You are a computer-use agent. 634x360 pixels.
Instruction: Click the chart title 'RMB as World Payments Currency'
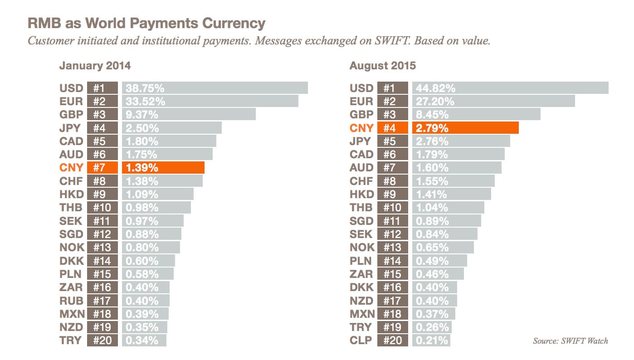(x=146, y=24)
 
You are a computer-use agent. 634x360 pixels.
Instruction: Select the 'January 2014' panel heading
(x=95, y=66)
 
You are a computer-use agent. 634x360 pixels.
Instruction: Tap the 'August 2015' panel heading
(x=382, y=66)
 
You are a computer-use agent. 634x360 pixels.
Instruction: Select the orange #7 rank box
(x=102, y=168)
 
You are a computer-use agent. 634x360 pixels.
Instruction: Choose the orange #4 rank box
(x=392, y=128)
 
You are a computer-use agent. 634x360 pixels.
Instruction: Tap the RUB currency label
(x=71, y=301)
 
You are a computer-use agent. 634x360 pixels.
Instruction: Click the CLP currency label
(x=361, y=340)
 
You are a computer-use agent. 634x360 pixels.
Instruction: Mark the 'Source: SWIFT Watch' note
(x=570, y=341)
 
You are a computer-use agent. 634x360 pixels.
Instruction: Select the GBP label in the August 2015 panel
(x=361, y=114)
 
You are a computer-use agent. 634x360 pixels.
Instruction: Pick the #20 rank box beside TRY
(x=102, y=340)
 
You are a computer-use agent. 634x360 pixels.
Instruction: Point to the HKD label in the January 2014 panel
(x=71, y=195)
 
